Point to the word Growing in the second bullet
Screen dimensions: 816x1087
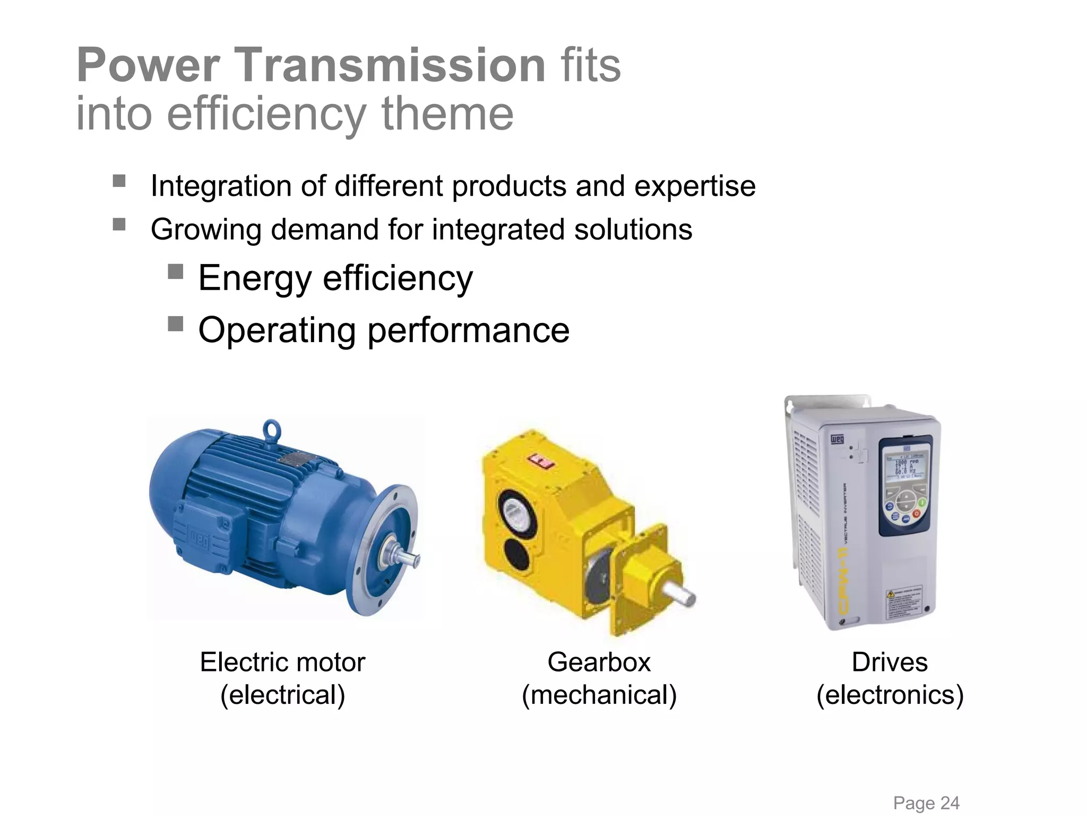pyautogui.click(x=206, y=229)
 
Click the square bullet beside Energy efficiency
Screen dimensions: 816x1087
pyautogui.click(x=175, y=272)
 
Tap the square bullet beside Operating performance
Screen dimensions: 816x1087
pyautogui.click(x=175, y=324)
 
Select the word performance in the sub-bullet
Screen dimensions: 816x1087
pyautogui.click(x=468, y=330)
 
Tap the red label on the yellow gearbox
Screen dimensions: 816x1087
pyautogui.click(x=540, y=461)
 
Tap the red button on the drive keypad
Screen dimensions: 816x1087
pyautogui.click(x=917, y=514)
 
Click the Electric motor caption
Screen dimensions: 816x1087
pyautogui.click(x=282, y=662)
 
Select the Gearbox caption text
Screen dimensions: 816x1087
pyautogui.click(x=599, y=662)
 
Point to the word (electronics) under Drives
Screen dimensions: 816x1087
pyautogui.click(x=890, y=695)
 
